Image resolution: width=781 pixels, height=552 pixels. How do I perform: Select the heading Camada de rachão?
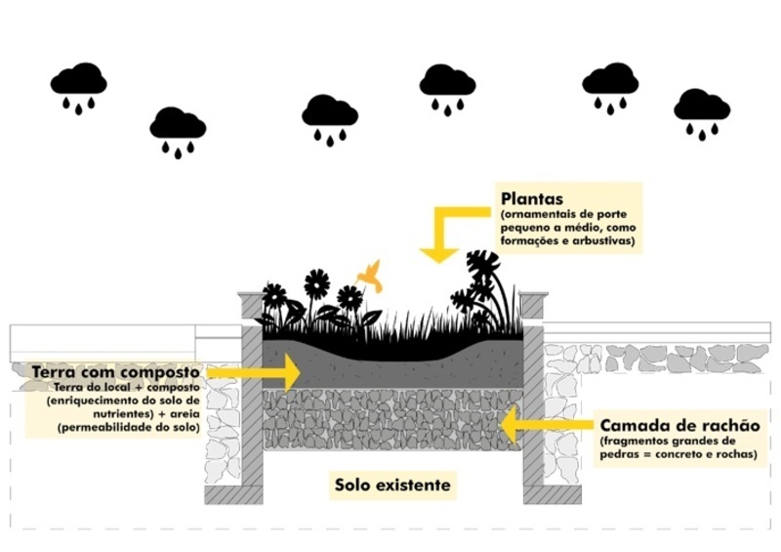678,426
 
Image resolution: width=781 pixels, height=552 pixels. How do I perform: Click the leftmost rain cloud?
78,81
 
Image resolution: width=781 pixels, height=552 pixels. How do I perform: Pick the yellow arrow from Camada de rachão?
546,426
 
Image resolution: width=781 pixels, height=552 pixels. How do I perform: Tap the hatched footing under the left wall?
234,495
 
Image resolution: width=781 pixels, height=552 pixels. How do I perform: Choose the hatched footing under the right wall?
553,495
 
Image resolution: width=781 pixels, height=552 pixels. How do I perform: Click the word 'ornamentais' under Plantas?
538,214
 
